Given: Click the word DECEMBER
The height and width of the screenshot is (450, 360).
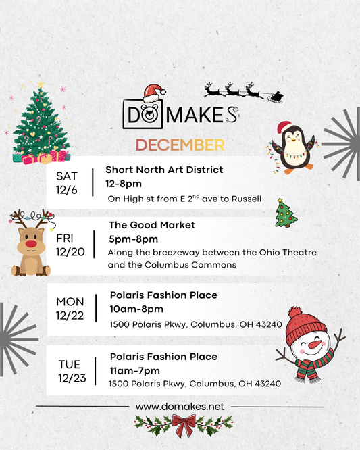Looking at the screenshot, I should click(x=180, y=145).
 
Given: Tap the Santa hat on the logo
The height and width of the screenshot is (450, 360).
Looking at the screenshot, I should click(x=155, y=92).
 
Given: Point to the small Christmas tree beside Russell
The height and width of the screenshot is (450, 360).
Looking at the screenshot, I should click(x=285, y=213).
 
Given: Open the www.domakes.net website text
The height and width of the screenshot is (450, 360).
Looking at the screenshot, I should click(x=179, y=407).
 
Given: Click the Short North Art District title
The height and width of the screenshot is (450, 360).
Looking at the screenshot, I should click(x=164, y=170).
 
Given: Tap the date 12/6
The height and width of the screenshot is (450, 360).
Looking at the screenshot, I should click(x=67, y=190).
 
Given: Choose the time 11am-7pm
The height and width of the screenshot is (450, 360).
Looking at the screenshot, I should click(x=134, y=370).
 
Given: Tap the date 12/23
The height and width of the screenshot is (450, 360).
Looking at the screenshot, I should click(x=72, y=377).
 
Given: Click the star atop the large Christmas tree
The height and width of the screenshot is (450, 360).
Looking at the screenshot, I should click(x=40, y=85).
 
